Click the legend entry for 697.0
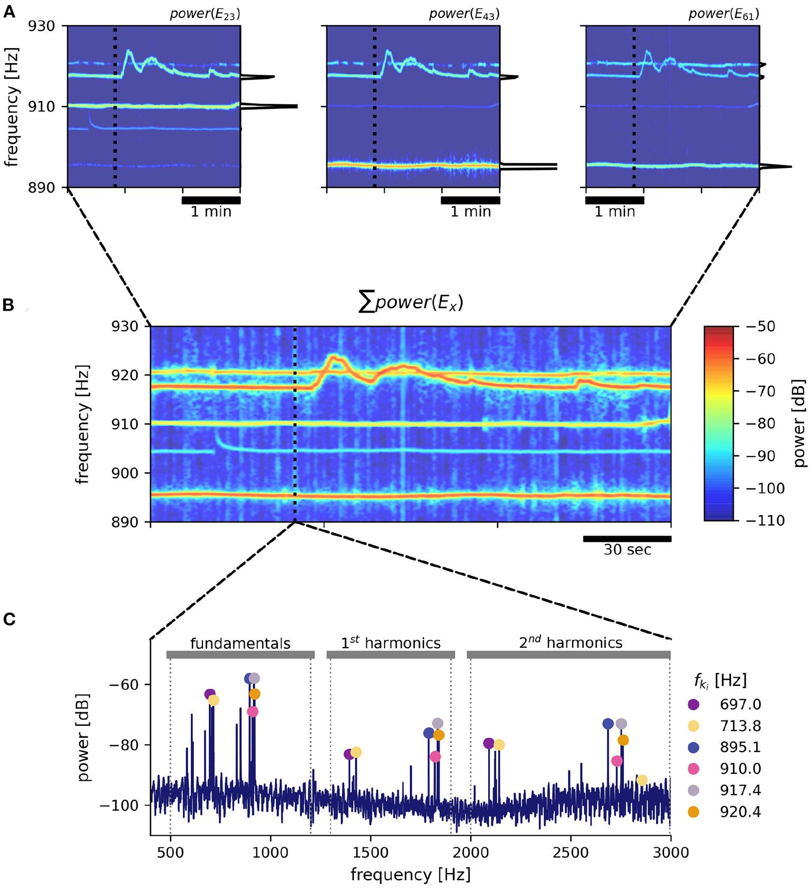(740, 704)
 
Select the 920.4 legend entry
(740, 812)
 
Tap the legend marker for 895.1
(694, 747)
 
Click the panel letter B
(8, 305)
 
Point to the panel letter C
(9, 619)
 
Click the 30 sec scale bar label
(627, 550)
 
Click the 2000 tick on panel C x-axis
(470, 853)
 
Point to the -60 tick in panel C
(123, 685)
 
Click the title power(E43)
(464, 14)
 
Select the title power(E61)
(723, 14)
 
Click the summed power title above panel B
(411, 302)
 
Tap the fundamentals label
(240, 643)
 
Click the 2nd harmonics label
(571, 642)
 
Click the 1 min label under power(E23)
(211, 212)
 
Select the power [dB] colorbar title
(799, 423)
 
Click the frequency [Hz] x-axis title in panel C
(411, 875)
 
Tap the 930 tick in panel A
(42, 26)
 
